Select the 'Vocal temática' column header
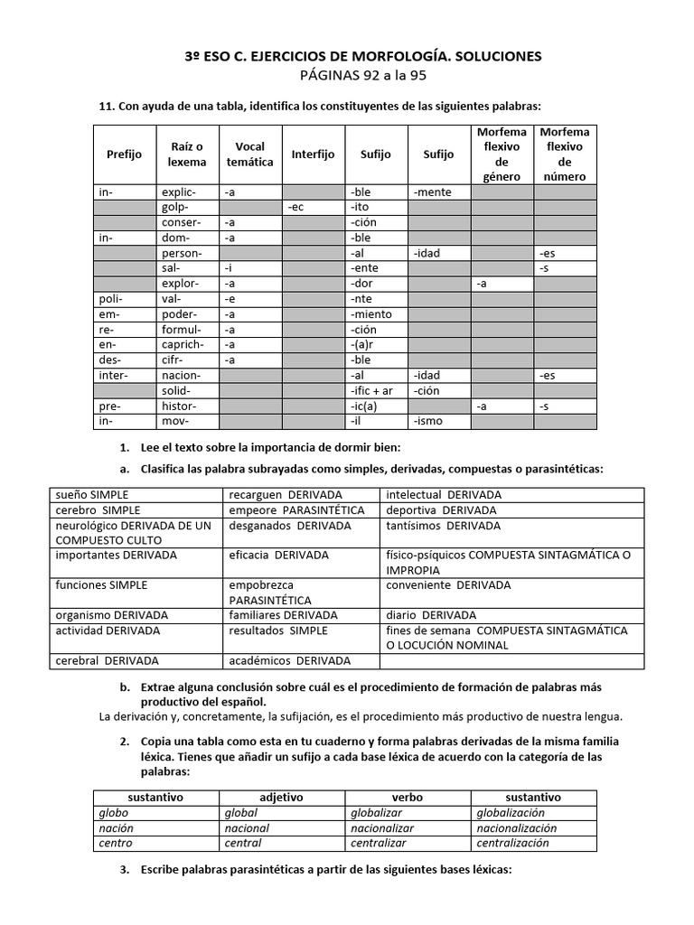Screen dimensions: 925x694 (x=249, y=154)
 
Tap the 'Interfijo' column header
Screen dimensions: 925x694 (x=313, y=154)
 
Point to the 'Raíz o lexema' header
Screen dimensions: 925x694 (x=187, y=154)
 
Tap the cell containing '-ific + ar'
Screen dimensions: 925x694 (x=371, y=389)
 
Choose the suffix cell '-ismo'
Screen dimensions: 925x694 (x=428, y=421)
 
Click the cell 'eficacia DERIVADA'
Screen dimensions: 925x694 (x=279, y=555)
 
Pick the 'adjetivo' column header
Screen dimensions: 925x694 (x=281, y=798)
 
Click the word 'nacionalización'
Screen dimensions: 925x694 (x=517, y=828)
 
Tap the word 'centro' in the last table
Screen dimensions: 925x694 (x=116, y=843)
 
